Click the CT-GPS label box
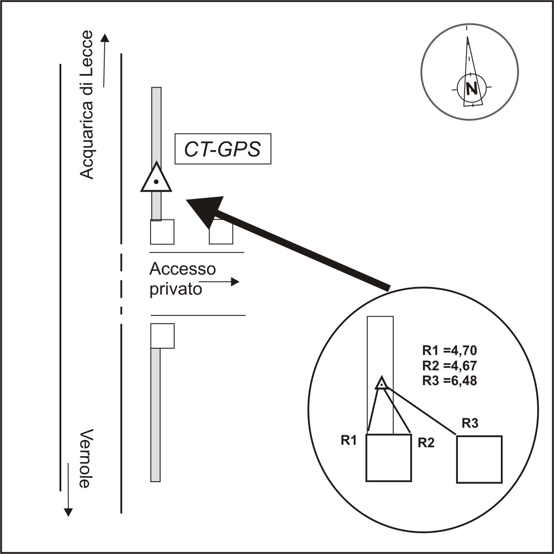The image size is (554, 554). pos(223,149)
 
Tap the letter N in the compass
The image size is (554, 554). pos(471,88)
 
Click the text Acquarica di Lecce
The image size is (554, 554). pos(87,105)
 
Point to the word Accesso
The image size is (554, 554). pos(182,269)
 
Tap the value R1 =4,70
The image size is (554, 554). pos(449,350)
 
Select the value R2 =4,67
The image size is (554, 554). pos(449,366)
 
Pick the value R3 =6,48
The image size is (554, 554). pos(449,381)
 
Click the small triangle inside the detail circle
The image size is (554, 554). pos(382,383)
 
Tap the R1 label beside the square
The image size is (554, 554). pos(348,440)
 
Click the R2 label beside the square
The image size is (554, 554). pos(426,443)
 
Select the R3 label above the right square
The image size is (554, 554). pos(470,423)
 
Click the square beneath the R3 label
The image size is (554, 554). pos(479,459)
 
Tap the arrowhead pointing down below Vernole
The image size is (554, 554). pos(68,511)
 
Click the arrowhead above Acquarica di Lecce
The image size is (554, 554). pos(105,38)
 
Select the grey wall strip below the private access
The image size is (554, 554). pos(156,415)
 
